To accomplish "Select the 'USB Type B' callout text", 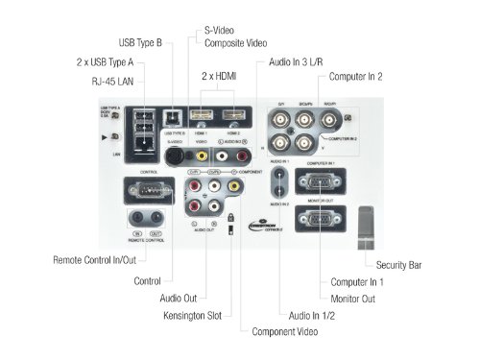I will click(140, 43).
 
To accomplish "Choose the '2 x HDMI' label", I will click(220, 75).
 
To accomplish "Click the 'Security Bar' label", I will click(394, 264).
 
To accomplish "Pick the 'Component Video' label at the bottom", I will click(287, 332).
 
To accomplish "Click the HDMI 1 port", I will click(201, 118).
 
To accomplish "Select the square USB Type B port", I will click(173, 119).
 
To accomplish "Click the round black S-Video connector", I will click(175, 152).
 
